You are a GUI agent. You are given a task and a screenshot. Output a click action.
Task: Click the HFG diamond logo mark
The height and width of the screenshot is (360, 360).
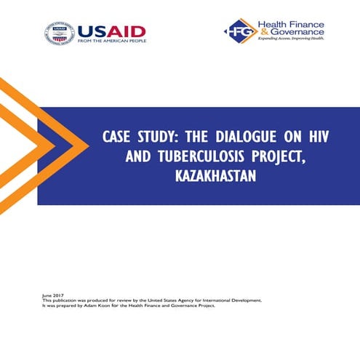[239, 32]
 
